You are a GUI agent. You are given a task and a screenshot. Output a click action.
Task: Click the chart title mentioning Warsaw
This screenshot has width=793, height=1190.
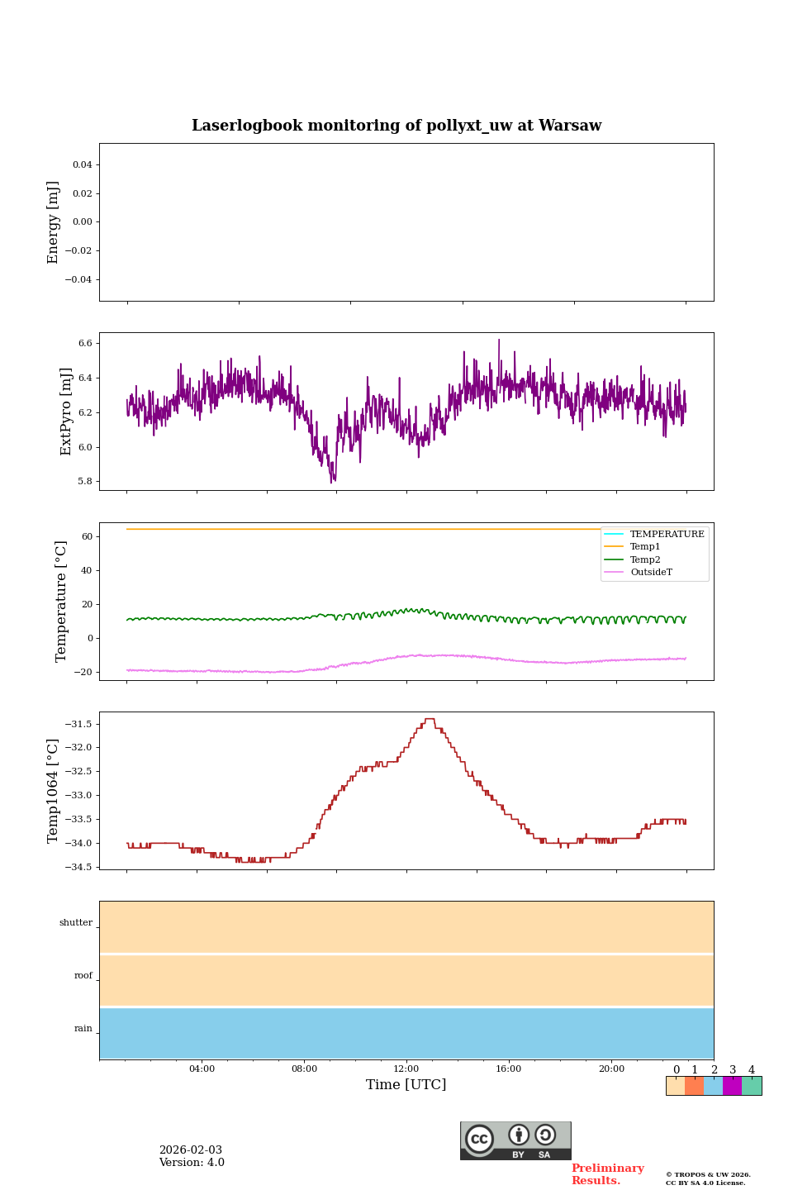point(396,126)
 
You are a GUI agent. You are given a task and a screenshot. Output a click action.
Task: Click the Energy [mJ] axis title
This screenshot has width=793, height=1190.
point(54,222)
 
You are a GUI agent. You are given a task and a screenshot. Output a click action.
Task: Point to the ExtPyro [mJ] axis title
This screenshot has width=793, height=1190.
point(66,412)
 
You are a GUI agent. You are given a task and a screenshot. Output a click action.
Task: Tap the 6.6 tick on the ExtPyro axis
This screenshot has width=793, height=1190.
point(84,343)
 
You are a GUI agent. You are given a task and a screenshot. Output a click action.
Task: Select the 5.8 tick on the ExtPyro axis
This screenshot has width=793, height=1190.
point(84,482)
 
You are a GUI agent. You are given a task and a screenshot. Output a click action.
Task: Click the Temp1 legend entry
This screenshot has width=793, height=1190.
point(645,547)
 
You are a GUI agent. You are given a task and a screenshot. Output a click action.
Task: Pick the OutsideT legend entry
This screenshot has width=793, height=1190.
point(651,573)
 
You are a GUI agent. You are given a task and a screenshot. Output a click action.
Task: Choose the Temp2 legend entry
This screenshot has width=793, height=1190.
point(645,560)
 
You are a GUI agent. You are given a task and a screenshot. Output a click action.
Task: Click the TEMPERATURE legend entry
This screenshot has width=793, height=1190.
point(667,535)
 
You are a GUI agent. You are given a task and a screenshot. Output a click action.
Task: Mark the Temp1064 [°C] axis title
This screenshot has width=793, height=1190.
point(54,791)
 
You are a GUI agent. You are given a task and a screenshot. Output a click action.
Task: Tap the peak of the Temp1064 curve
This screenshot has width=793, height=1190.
point(430,720)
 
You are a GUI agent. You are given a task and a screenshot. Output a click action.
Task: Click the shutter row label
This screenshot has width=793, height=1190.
point(76,923)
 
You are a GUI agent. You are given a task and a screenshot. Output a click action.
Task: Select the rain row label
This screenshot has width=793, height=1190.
point(83,1029)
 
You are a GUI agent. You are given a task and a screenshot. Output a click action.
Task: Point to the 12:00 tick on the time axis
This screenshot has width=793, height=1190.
point(406,1069)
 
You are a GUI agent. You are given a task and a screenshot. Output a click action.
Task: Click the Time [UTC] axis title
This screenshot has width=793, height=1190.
point(406,1085)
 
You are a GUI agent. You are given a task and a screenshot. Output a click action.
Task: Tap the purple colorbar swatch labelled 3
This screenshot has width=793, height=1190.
point(732,1086)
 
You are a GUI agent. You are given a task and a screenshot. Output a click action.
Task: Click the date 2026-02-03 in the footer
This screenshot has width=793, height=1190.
point(191,1150)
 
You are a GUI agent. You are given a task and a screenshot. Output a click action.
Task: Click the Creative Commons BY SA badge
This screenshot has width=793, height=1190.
point(515,1140)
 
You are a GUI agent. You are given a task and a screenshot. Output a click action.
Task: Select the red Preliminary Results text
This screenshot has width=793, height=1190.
point(607,1174)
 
